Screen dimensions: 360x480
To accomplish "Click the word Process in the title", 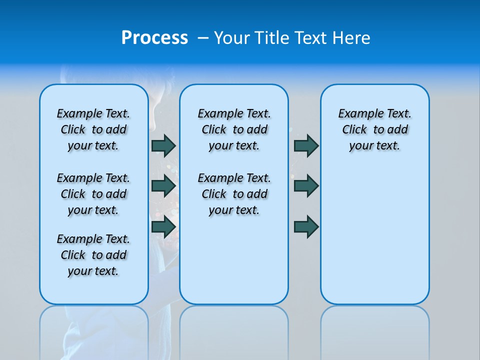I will click(154, 38).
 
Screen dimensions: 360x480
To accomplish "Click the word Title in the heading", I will click(272, 38).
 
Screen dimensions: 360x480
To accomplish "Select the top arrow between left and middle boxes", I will click(163, 146).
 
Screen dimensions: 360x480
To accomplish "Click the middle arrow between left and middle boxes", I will click(163, 186).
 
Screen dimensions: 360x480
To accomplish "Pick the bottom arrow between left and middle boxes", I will click(163, 226).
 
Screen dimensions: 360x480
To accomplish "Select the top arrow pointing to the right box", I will click(306, 146).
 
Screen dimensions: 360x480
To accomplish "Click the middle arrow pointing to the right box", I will click(306, 186).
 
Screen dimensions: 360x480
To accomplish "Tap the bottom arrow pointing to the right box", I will click(306, 226).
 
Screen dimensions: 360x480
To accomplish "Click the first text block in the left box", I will click(93, 129).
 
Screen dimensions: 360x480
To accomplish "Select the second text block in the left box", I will click(93, 194).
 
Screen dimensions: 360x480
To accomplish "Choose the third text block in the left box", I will click(93, 255).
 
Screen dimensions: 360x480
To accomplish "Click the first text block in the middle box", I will click(234, 129).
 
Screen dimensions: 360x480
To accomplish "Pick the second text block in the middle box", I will click(234, 194).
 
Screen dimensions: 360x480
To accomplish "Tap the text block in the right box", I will click(374, 129).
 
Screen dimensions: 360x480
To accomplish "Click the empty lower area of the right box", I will click(374, 240).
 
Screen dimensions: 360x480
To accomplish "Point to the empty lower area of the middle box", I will click(234, 260).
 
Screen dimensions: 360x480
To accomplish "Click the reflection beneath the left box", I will click(93, 330).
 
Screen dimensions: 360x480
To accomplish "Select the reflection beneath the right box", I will click(374, 330).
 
